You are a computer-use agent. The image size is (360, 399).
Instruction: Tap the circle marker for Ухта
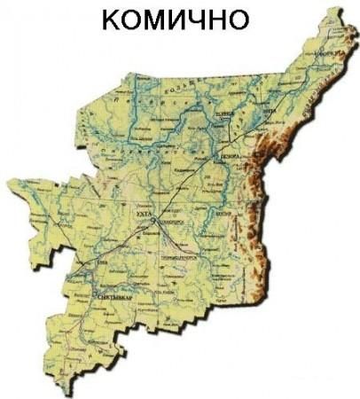152,219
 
